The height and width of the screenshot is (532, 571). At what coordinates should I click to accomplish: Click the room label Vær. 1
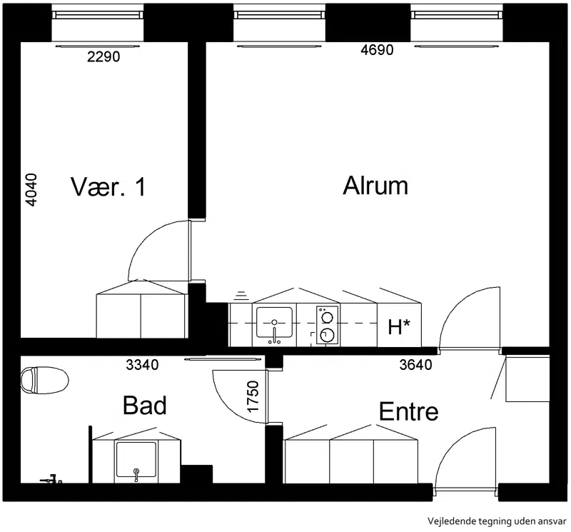click(x=108, y=186)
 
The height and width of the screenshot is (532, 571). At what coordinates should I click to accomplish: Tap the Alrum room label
click(x=375, y=186)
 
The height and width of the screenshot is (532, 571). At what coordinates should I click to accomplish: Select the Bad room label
click(x=145, y=405)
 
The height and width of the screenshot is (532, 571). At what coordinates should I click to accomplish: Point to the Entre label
click(x=408, y=411)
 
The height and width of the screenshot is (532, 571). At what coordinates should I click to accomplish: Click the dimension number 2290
click(x=103, y=57)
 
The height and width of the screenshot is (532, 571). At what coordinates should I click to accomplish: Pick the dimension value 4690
click(x=377, y=50)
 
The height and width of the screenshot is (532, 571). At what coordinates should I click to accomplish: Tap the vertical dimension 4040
click(x=32, y=190)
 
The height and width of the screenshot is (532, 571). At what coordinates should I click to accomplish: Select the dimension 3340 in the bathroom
click(x=142, y=365)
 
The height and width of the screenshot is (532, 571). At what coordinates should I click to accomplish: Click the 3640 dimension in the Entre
click(x=415, y=365)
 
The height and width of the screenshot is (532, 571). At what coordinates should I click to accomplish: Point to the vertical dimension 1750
click(x=253, y=396)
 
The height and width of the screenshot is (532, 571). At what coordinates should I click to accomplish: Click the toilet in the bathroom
click(x=44, y=380)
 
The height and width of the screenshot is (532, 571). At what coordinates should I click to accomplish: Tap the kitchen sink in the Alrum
click(x=274, y=324)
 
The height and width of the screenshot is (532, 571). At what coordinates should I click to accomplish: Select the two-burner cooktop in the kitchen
click(x=327, y=325)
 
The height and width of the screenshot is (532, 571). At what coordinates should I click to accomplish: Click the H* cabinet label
click(x=399, y=327)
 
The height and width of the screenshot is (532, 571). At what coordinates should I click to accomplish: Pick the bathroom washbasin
click(x=136, y=461)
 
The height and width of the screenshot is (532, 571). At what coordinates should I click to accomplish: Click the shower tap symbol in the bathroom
click(x=51, y=480)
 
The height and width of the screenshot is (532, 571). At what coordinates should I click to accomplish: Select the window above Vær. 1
click(x=97, y=14)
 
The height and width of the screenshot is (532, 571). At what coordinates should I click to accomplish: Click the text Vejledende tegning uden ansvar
click(x=497, y=521)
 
